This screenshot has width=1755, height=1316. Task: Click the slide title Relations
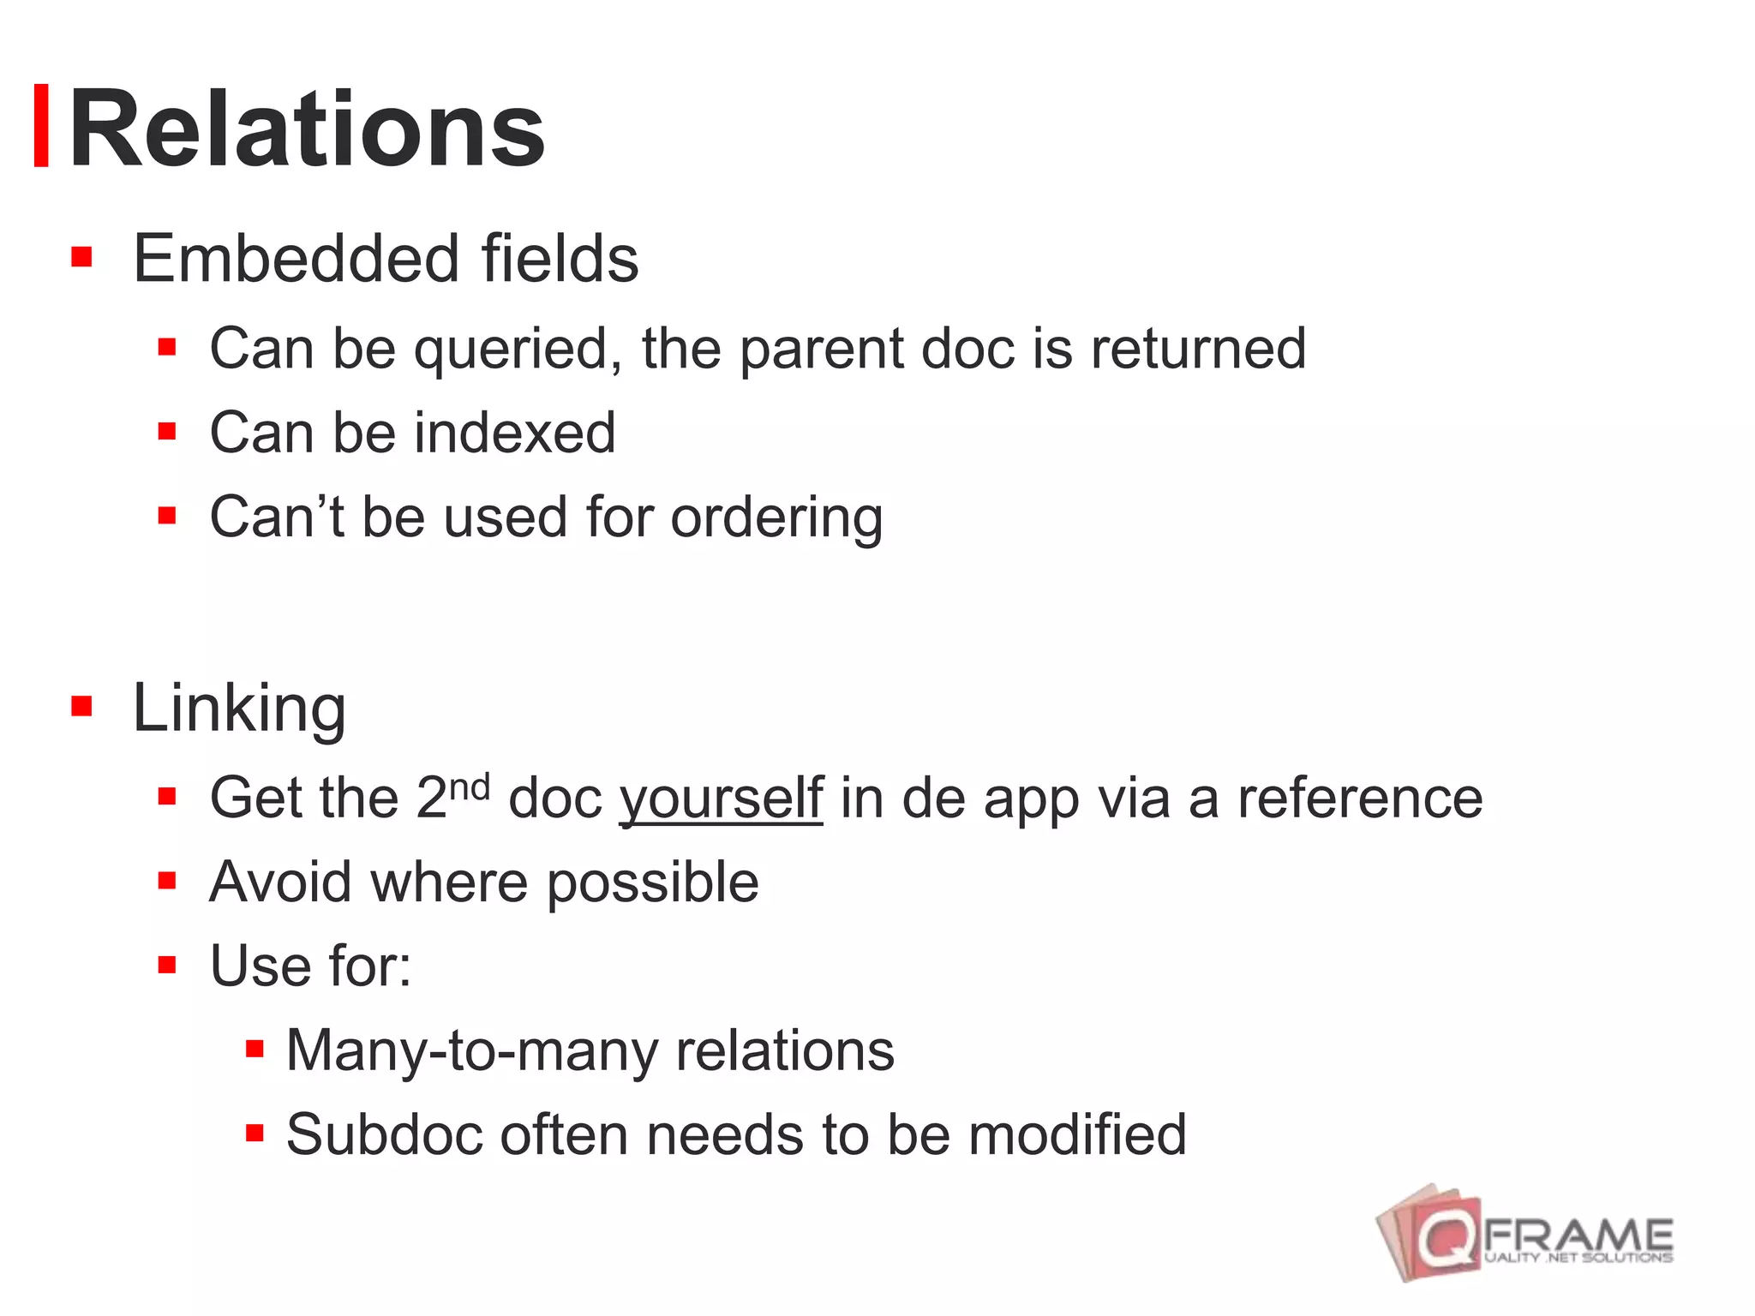point(306,130)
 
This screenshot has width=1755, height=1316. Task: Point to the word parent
point(821,350)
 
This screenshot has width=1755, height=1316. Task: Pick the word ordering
point(776,518)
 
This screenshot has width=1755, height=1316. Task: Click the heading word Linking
point(239,709)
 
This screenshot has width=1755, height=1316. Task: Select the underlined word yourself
point(721,799)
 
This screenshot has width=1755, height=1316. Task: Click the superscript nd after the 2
point(470,786)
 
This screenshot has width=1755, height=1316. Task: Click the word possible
point(652,883)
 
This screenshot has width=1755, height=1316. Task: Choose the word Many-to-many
point(470,1051)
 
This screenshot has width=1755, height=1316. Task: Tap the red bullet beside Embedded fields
point(81,257)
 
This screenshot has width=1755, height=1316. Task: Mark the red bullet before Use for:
point(167,966)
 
